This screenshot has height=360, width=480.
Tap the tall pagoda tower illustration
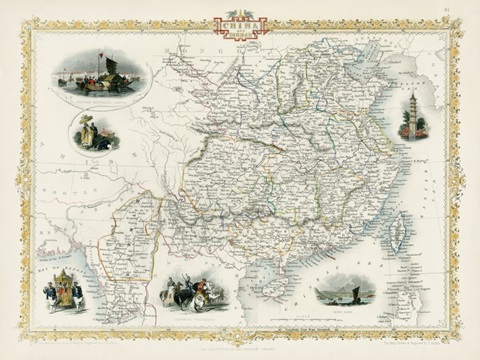pyautogui.click(x=414, y=114)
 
